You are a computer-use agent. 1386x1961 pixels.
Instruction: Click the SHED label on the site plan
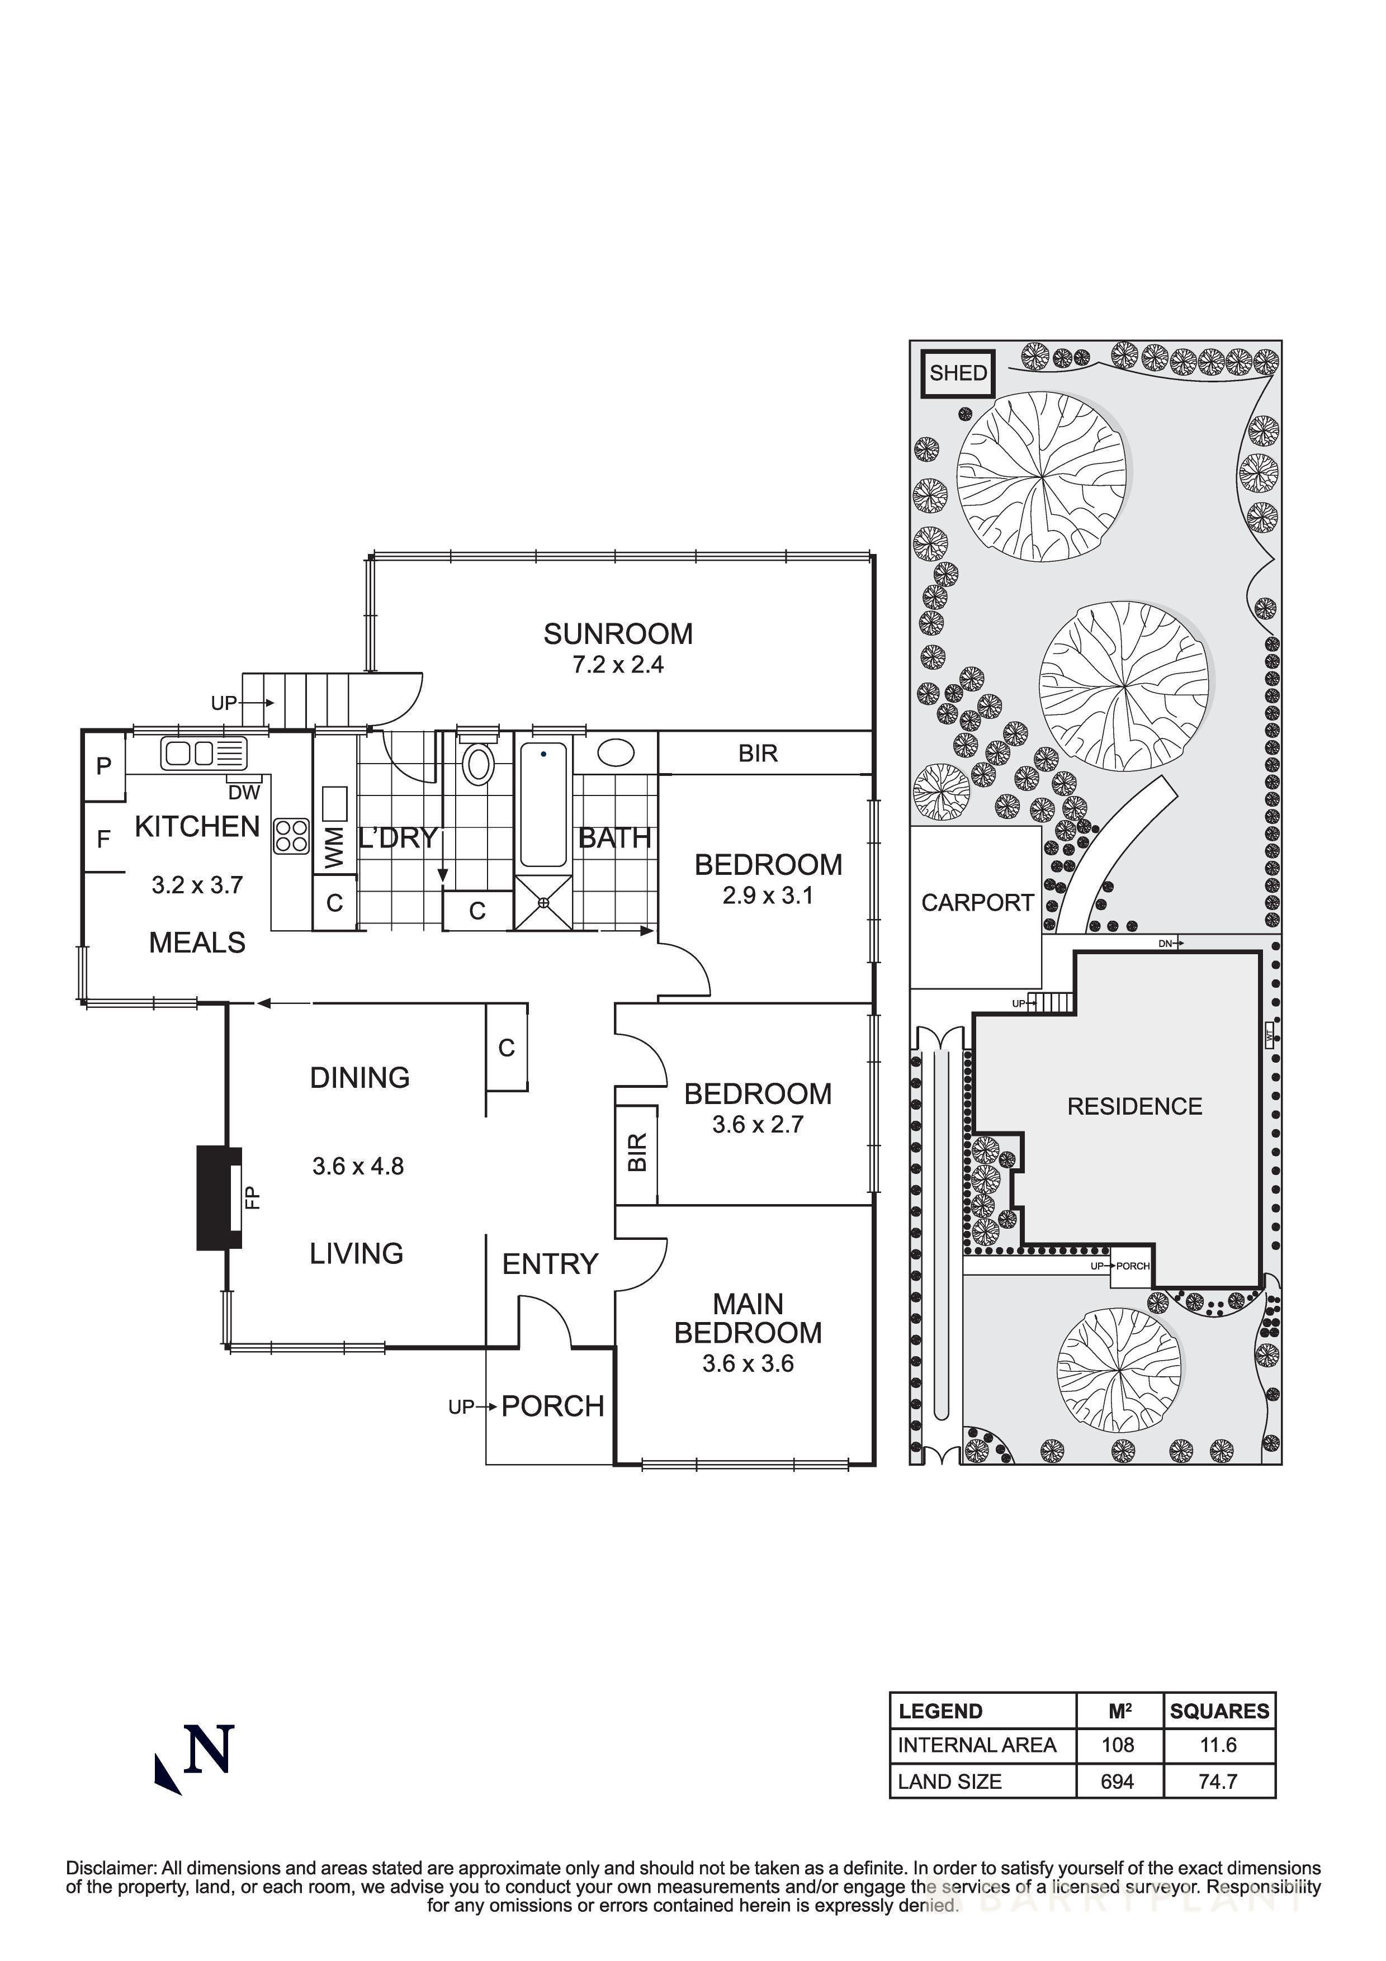pyautogui.click(x=958, y=373)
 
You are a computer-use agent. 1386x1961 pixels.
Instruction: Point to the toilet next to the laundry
pyautogui.click(x=478, y=764)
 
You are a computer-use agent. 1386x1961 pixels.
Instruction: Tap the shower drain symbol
pyautogui.click(x=543, y=902)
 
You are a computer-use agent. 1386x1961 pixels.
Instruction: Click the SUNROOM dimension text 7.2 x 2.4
pyautogui.click(x=617, y=665)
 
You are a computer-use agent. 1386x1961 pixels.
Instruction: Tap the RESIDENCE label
pyautogui.click(x=1134, y=1107)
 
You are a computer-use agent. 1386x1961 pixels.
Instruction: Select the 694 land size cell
pyautogui.click(x=1117, y=1782)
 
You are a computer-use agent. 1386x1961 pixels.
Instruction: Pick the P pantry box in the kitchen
pyautogui.click(x=104, y=766)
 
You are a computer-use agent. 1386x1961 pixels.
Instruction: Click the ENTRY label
pyautogui.click(x=550, y=1264)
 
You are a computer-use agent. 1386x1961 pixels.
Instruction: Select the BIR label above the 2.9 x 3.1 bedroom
pyautogui.click(x=758, y=754)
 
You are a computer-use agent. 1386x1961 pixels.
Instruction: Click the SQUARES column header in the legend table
pyautogui.click(x=1219, y=1711)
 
